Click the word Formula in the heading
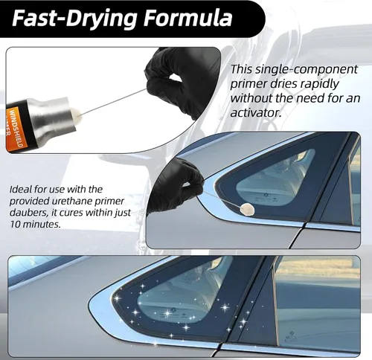click(187, 19)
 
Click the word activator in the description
click(256, 113)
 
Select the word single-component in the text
click(307, 70)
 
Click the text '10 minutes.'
click(35, 225)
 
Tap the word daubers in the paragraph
click(28, 213)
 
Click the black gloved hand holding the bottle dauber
click(181, 82)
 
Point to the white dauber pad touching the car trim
click(248, 210)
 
